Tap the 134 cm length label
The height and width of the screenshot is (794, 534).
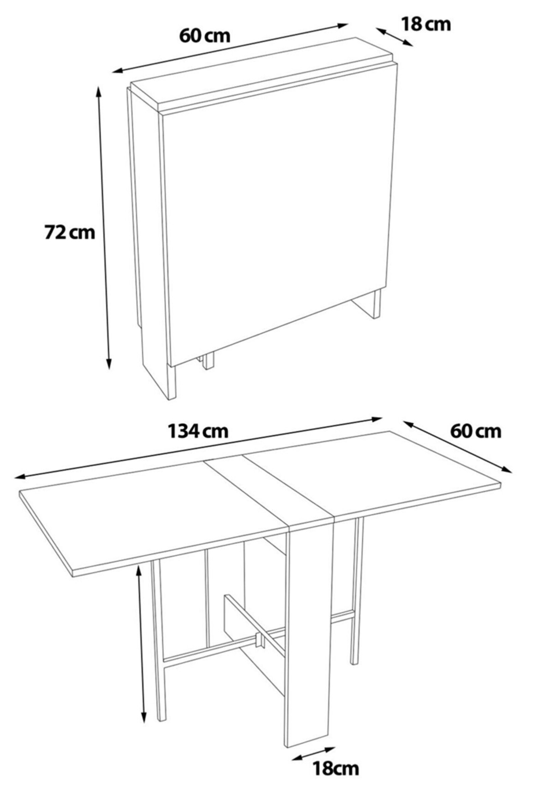(x=198, y=431)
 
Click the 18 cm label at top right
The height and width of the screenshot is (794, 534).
(x=426, y=25)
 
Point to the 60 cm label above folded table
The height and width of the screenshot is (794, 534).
(x=205, y=36)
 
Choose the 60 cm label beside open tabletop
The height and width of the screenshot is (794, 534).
(x=476, y=431)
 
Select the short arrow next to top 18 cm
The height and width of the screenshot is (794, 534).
(x=394, y=37)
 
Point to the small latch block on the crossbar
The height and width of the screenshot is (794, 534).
(x=260, y=640)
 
